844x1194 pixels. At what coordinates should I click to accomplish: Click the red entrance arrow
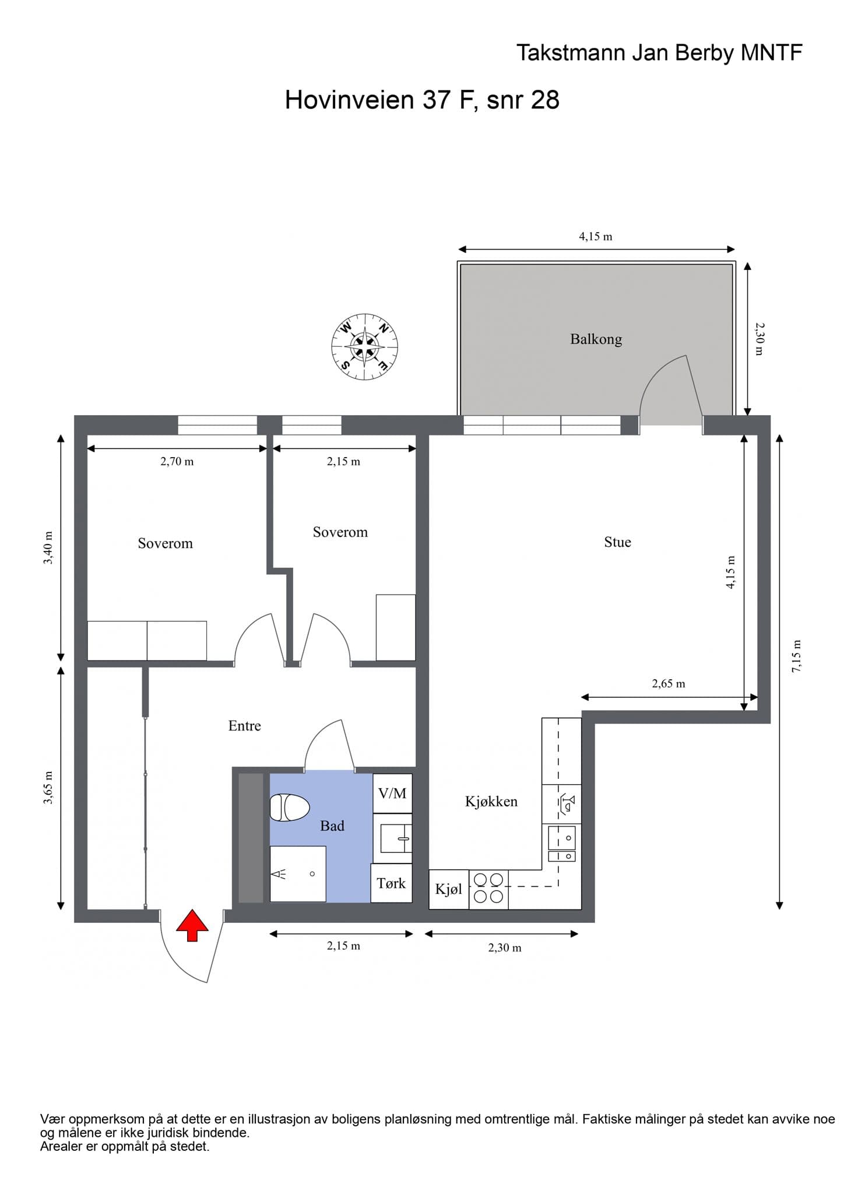coord(192,925)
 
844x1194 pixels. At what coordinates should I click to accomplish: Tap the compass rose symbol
coord(365,347)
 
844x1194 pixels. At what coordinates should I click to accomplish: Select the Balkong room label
coord(596,339)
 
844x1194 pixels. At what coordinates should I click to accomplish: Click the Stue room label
coord(617,542)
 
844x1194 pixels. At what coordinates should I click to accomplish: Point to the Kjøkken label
coord(491,802)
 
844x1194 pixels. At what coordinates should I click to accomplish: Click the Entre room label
coord(245,726)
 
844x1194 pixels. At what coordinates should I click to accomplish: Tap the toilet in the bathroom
coord(289,807)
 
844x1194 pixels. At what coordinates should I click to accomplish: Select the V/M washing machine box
coord(392,793)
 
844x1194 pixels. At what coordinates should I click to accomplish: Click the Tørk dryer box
coord(391,883)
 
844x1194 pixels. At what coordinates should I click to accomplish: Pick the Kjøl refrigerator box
coord(449,889)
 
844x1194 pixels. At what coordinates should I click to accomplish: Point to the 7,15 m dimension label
coord(796,656)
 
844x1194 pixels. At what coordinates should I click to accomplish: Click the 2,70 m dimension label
coord(177,462)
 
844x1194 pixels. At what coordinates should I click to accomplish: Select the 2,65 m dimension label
coord(669,683)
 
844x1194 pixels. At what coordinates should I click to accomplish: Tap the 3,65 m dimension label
coord(48,788)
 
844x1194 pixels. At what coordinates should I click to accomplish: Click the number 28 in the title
coord(545,100)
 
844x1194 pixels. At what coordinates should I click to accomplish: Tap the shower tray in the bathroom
coord(298,874)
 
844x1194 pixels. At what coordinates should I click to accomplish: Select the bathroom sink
coord(396,838)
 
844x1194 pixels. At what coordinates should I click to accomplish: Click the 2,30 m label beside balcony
coord(759,339)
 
